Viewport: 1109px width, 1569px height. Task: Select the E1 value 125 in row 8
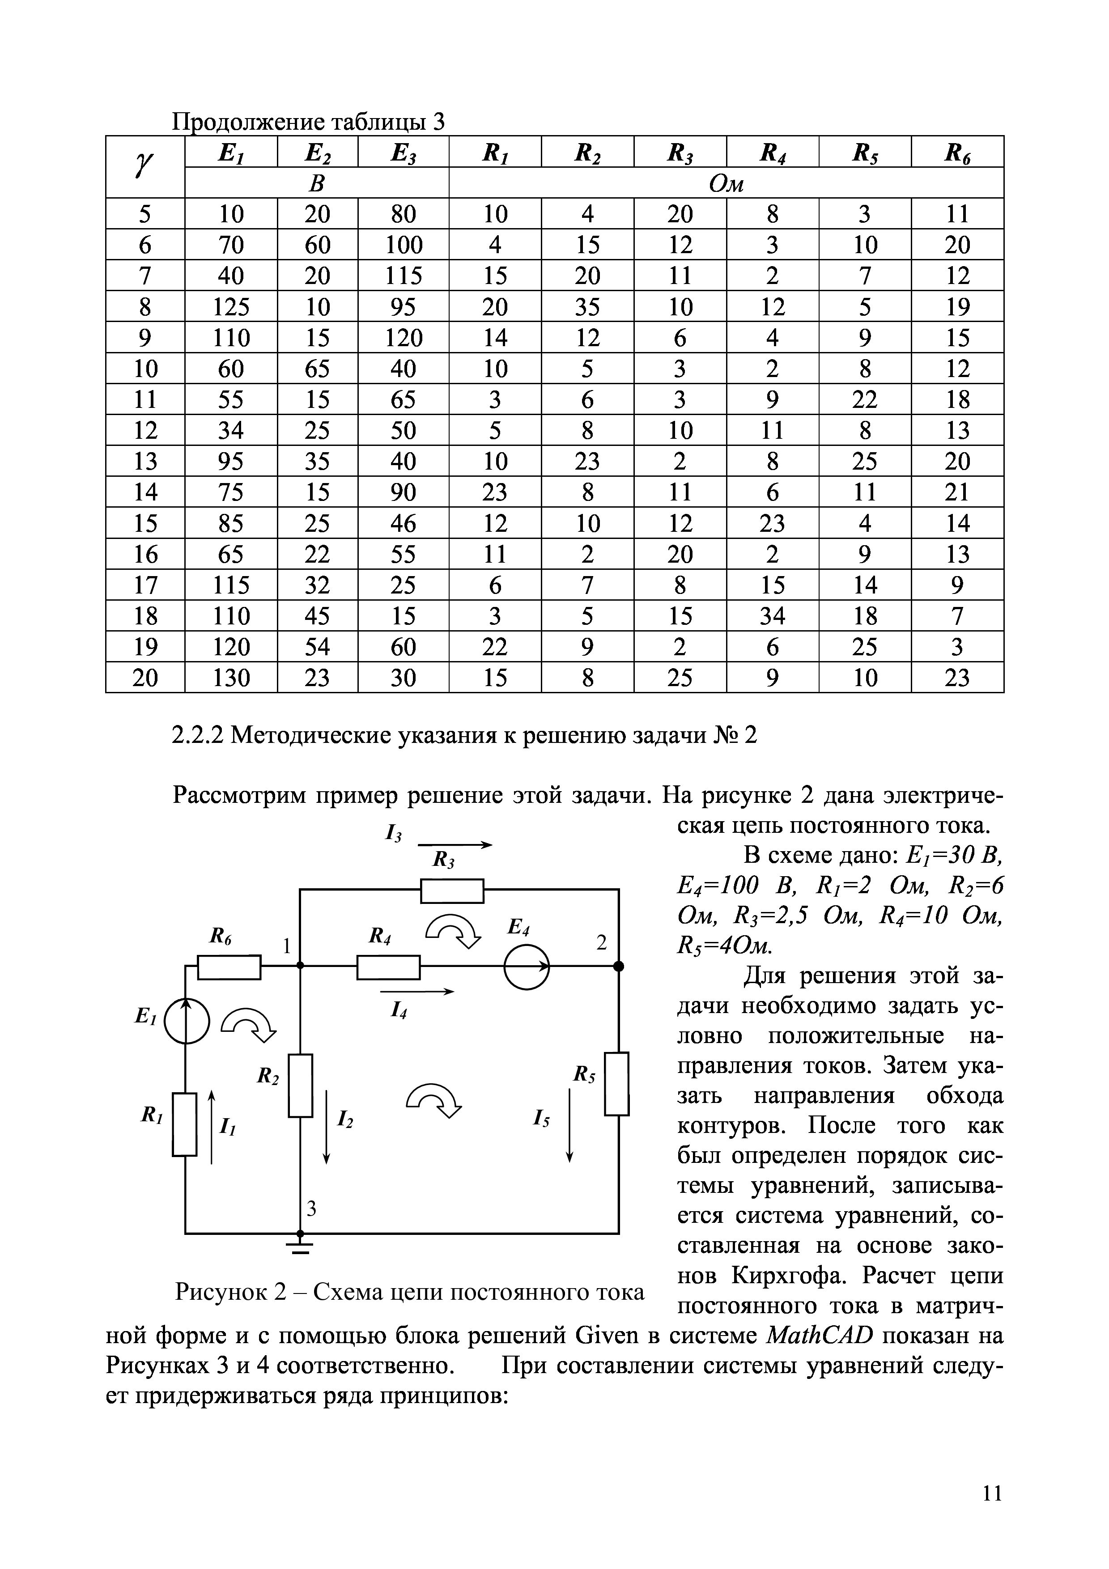click(x=231, y=307)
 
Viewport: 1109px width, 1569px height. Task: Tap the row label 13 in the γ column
click(x=145, y=461)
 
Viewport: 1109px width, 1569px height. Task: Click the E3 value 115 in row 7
click(x=403, y=276)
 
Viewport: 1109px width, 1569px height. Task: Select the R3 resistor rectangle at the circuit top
click(x=452, y=891)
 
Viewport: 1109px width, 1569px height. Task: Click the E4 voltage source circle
click(x=526, y=966)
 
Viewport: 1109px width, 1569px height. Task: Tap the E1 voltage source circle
click(x=186, y=1021)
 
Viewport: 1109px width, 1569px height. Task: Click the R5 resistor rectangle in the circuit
click(x=617, y=1084)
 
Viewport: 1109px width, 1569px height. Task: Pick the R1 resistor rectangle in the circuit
click(x=184, y=1125)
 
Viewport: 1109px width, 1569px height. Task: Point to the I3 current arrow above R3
click(x=455, y=845)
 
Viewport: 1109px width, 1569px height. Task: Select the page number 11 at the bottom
click(x=991, y=1494)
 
